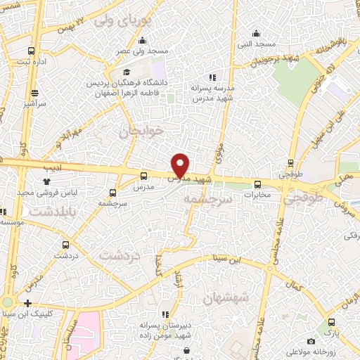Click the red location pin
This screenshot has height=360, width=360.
tap(181, 165)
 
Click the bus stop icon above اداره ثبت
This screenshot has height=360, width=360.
tap(30, 51)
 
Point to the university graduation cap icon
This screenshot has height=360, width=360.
tap(127, 72)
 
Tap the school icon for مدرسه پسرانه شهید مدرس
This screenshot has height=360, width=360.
tap(212, 78)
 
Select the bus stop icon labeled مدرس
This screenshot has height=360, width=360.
tap(144, 176)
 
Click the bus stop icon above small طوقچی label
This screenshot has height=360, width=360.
tap(291, 162)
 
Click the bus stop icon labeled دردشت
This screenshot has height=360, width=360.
tap(65, 245)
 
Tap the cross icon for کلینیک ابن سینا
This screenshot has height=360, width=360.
tap(27, 304)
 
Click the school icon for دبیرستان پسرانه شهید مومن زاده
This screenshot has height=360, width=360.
tap(165, 315)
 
